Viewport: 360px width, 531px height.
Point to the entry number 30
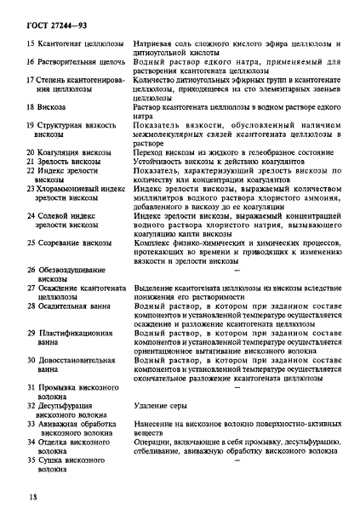click(30, 360)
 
